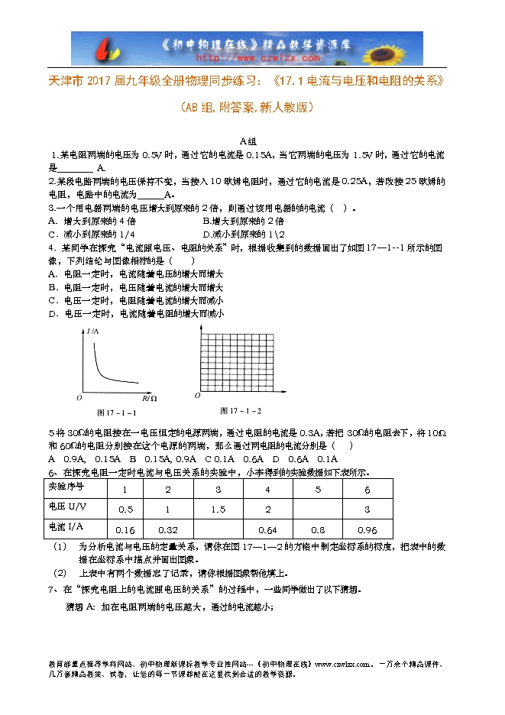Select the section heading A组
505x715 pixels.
[248, 141]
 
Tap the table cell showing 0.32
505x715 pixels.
[167, 529]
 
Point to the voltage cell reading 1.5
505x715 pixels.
[218, 509]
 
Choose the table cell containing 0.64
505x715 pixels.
[268, 529]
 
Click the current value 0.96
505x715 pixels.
[367, 529]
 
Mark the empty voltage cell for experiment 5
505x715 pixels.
[318, 509]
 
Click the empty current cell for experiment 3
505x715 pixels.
[218, 529]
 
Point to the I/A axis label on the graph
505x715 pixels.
[95, 330]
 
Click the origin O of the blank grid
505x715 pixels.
[197, 396]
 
